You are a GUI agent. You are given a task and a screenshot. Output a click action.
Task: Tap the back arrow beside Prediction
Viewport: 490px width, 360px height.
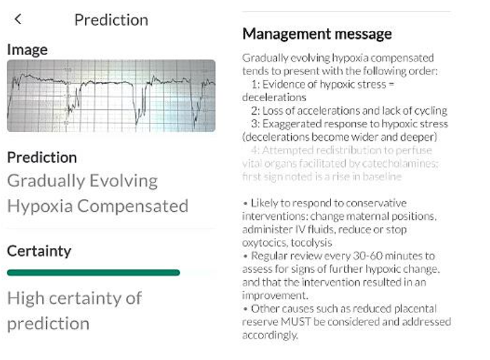coord(18,19)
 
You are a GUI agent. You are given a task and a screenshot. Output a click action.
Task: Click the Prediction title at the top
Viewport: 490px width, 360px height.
coord(111,20)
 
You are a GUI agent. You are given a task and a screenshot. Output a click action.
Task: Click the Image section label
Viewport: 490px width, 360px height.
coord(27,50)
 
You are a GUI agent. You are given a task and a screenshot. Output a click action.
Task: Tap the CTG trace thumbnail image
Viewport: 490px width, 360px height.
coord(111,96)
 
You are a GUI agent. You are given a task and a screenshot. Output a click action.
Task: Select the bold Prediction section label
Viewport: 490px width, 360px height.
coord(42,158)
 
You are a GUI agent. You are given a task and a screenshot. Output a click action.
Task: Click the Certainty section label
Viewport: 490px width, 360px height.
coord(39,251)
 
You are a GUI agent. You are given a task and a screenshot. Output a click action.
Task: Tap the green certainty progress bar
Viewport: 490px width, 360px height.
coord(93,273)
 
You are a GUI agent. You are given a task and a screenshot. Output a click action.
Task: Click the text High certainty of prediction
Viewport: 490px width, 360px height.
coord(74,310)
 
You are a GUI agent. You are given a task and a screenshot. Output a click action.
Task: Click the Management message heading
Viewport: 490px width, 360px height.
coord(317,34)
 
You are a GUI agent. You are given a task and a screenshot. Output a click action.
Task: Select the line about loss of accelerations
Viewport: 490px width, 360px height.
coord(349,111)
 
